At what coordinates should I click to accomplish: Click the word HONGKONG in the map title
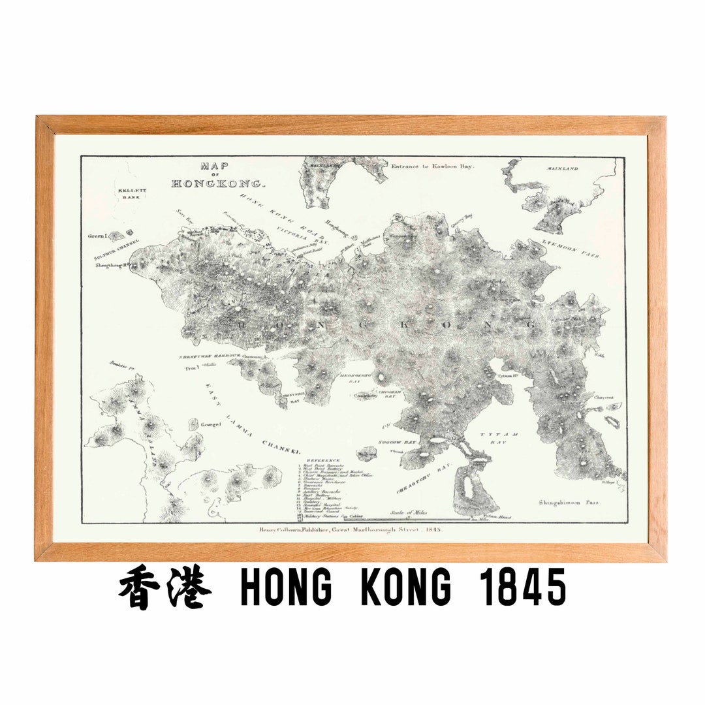(x=218, y=184)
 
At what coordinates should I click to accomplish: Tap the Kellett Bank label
(x=132, y=194)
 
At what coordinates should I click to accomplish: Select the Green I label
(x=98, y=236)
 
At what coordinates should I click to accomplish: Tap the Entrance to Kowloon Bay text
(x=433, y=166)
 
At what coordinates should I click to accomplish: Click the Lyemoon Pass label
(x=570, y=249)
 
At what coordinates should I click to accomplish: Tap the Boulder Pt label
(x=121, y=368)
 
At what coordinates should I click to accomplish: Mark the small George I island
(x=195, y=424)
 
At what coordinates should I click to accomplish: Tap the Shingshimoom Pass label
(x=569, y=503)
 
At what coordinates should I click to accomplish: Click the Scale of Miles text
(x=409, y=513)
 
